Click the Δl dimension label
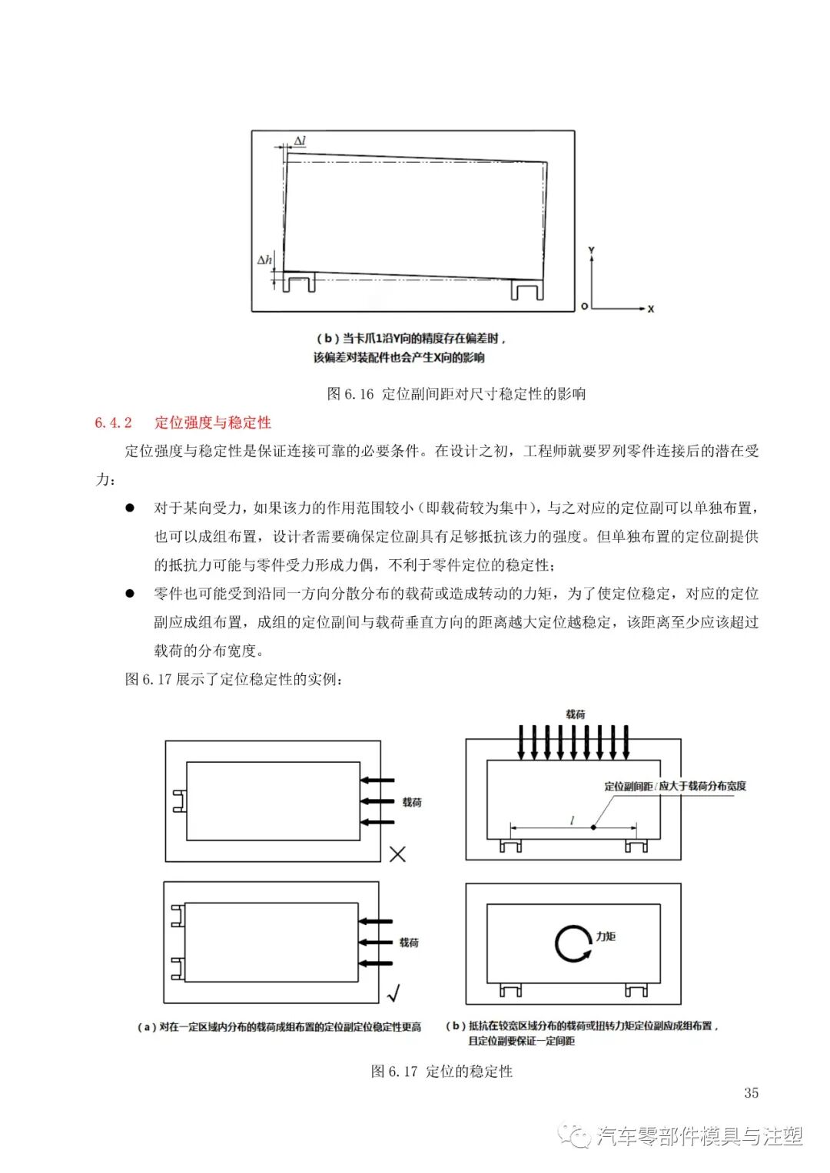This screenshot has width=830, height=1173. pyautogui.click(x=300, y=141)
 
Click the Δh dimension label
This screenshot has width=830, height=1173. pyautogui.click(x=264, y=260)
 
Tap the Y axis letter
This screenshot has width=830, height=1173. pyautogui.click(x=591, y=251)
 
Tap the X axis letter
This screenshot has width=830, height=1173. pyautogui.click(x=651, y=309)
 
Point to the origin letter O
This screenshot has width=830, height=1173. pyautogui.click(x=584, y=307)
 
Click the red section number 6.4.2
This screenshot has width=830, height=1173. pyautogui.click(x=114, y=422)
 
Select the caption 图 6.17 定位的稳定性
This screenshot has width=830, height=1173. pyautogui.click(x=441, y=1071)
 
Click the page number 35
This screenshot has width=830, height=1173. pyautogui.click(x=751, y=1093)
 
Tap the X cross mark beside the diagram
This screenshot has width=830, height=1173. pyautogui.click(x=397, y=853)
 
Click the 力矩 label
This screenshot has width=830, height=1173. pyautogui.click(x=606, y=936)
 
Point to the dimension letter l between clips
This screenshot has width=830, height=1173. pyautogui.click(x=572, y=821)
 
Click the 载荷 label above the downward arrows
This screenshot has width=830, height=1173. pyautogui.click(x=575, y=714)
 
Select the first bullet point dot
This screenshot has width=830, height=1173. pyautogui.click(x=131, y=509)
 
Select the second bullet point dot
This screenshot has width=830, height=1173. pyautogui.click(x=131, y=594)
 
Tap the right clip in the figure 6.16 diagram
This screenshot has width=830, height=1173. pyautogui.click(x=528, y=289)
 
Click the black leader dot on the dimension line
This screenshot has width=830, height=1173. pyautogui.click(x=593, y=827)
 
